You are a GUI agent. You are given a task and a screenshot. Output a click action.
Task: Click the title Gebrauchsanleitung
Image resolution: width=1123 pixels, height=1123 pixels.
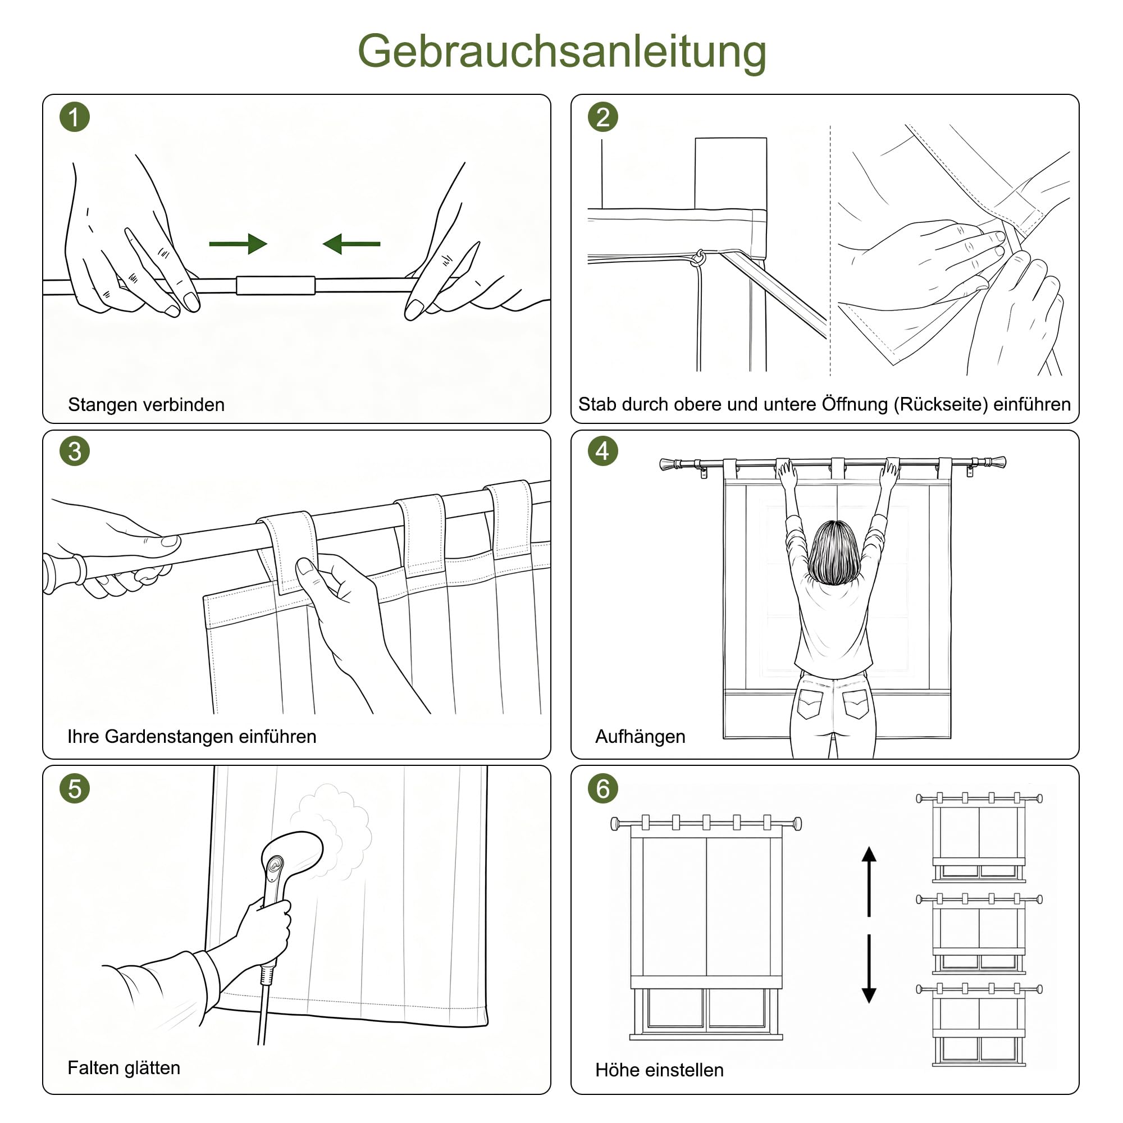[561, 52]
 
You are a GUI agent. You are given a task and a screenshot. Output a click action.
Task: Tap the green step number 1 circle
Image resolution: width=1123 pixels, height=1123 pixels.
[75, 117]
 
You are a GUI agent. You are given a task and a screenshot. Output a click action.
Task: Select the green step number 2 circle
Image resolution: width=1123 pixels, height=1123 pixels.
[602, 117]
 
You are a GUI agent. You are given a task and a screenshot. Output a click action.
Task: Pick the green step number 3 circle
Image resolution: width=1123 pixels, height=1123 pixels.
[75, 451]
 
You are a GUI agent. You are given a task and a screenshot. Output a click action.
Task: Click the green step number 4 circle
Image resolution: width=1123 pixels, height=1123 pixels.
[602, 451]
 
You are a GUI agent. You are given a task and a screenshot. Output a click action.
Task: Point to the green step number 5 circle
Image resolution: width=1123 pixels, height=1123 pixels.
[75, 788]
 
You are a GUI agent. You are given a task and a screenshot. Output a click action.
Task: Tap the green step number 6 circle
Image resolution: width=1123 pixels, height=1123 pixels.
[602, 788]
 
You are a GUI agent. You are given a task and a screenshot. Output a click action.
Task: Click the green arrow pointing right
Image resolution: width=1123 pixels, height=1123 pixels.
[238, 244]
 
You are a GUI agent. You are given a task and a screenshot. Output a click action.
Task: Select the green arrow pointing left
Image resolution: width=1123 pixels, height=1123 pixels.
[351, 244]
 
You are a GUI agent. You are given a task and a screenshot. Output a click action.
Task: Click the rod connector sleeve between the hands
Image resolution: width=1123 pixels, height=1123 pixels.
[276, 285]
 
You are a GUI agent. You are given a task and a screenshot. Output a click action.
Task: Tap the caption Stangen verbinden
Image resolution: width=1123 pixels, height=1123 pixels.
[146, 404]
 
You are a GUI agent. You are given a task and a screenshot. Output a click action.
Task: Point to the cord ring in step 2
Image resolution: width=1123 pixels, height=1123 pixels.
[699, 258]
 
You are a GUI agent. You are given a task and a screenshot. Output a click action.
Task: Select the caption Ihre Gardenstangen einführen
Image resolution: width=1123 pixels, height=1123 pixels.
[192, 737]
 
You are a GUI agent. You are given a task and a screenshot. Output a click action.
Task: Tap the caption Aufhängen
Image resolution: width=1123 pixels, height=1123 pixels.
[640, 737]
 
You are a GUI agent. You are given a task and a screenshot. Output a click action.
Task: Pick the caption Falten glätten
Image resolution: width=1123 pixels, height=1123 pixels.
[124, 1069]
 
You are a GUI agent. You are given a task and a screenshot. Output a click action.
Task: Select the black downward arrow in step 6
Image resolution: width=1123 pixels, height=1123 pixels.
[869, 969]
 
